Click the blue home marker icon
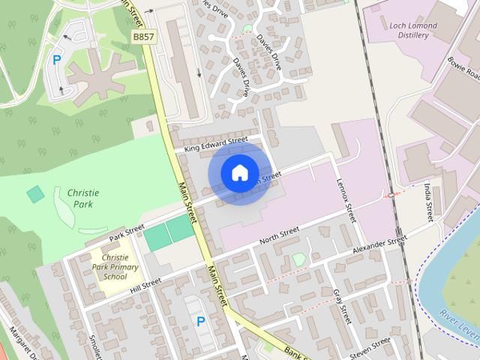point(239,173)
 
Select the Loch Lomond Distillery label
point(412,30)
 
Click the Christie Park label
point(83,198)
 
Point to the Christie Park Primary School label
point(109,267)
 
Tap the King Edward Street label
point(217,142)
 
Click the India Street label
point(428,202)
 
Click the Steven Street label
point(370,346)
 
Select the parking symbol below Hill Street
point(200,321)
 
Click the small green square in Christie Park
point(35,194)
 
